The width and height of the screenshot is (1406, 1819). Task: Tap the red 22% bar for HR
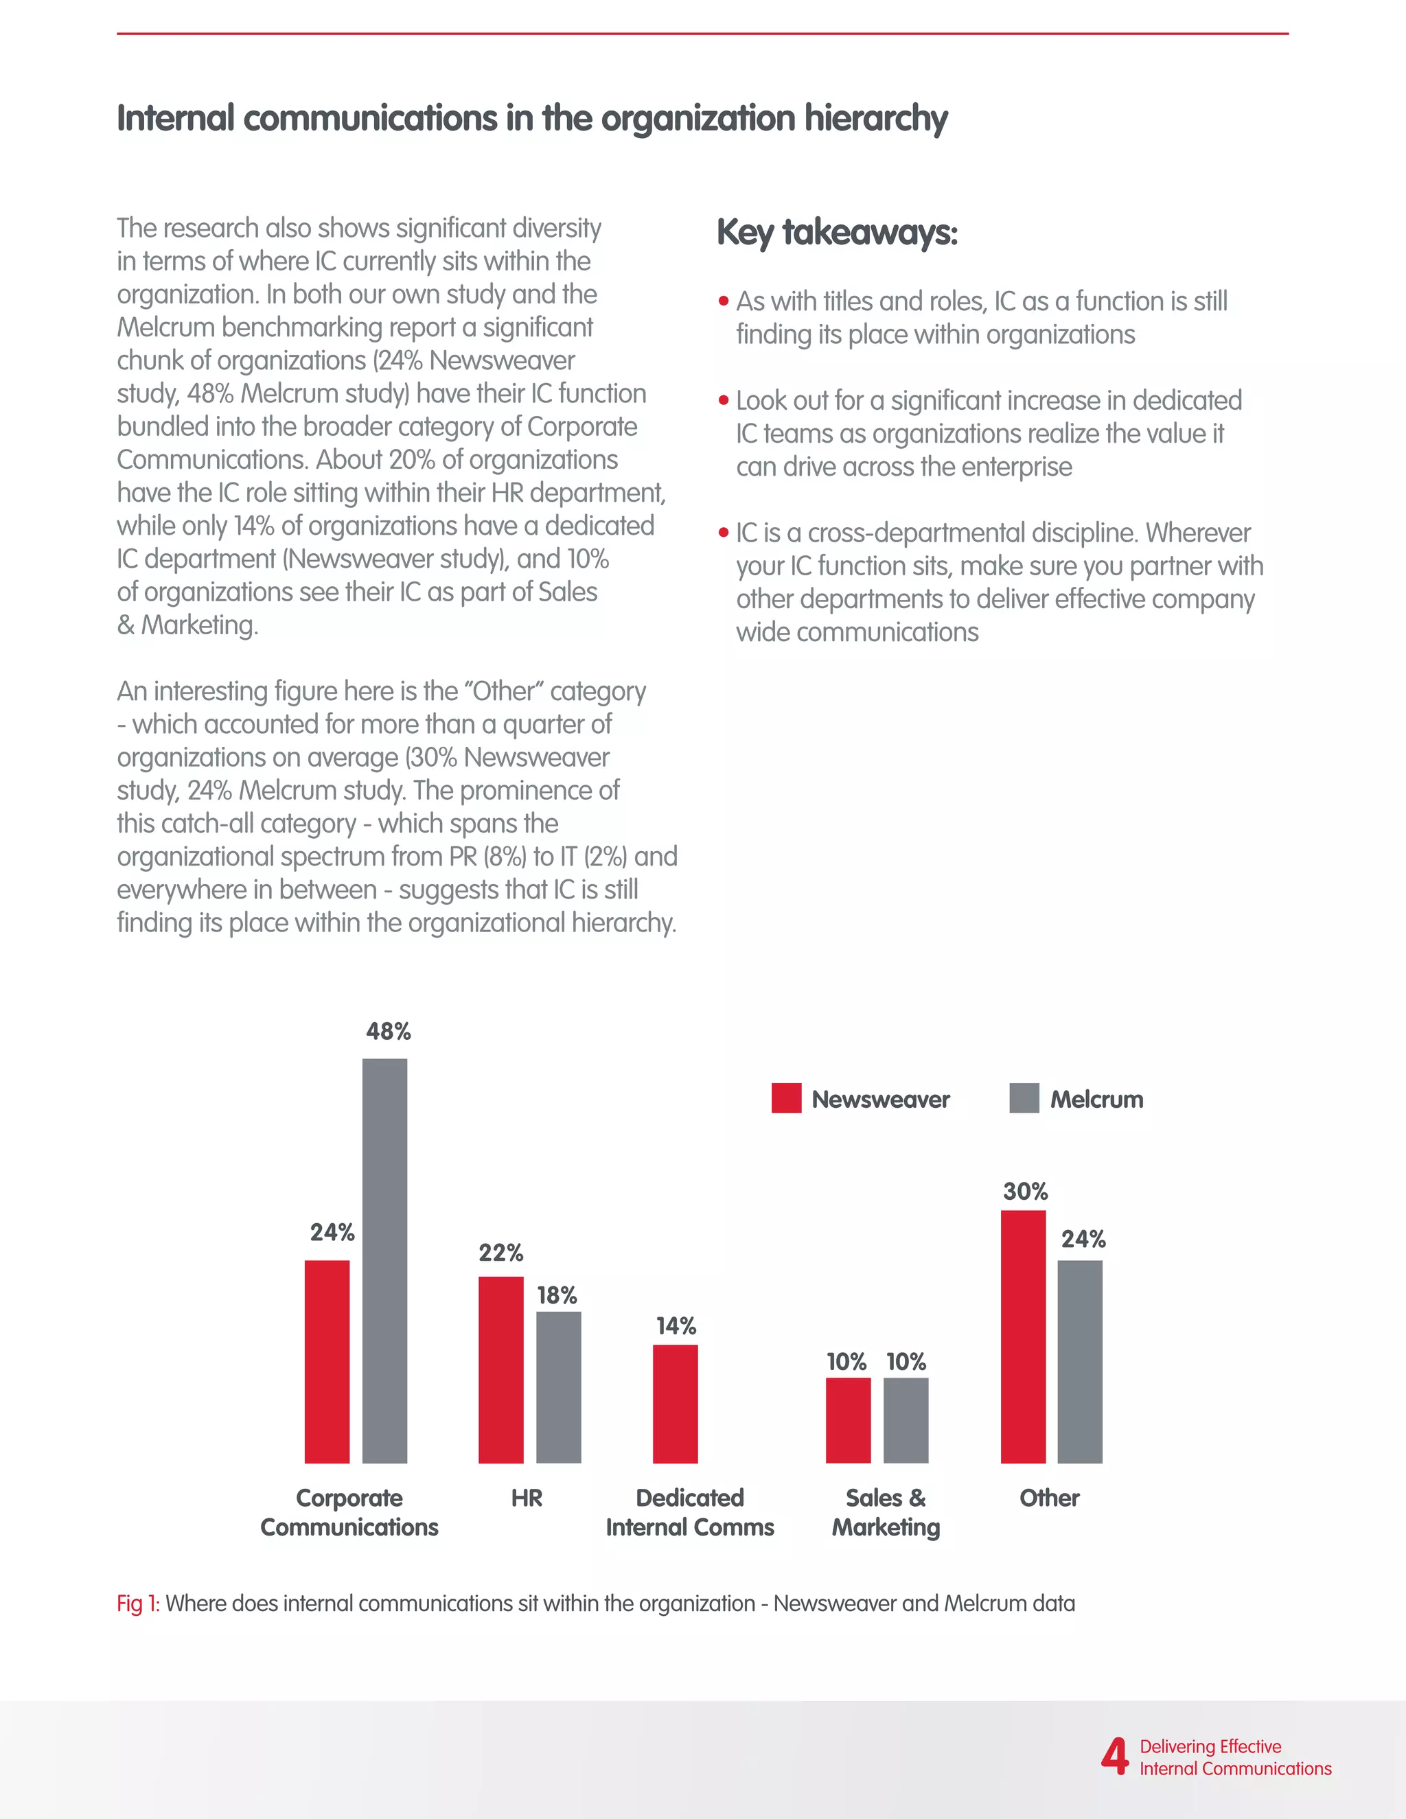tap(500, 1369)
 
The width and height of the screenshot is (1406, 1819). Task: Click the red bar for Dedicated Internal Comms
tap(675, 1404)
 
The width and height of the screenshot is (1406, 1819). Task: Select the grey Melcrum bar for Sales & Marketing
tap(906, 1420)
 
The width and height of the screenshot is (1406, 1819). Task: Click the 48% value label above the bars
tap(388, 1031)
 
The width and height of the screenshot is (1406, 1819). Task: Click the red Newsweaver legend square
tap(786, 1098)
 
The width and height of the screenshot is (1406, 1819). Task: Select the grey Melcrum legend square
tap(1024, 1098)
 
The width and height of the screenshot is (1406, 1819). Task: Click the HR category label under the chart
tap(527, 1498)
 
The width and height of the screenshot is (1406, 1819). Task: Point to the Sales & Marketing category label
tap(886, 1511)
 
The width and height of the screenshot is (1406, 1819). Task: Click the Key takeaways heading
tap(836, 233)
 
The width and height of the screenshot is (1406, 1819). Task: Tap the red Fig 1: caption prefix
tap(137, 1603)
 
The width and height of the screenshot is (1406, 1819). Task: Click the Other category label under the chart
tap(1049, 1498)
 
